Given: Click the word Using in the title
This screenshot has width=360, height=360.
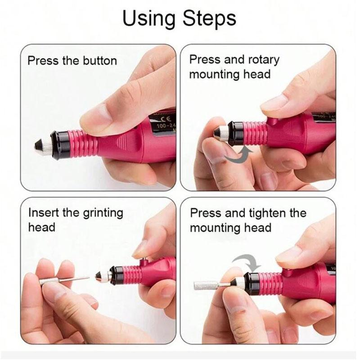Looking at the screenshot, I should (149, 19).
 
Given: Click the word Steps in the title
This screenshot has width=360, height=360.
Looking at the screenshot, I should (209, 19).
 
